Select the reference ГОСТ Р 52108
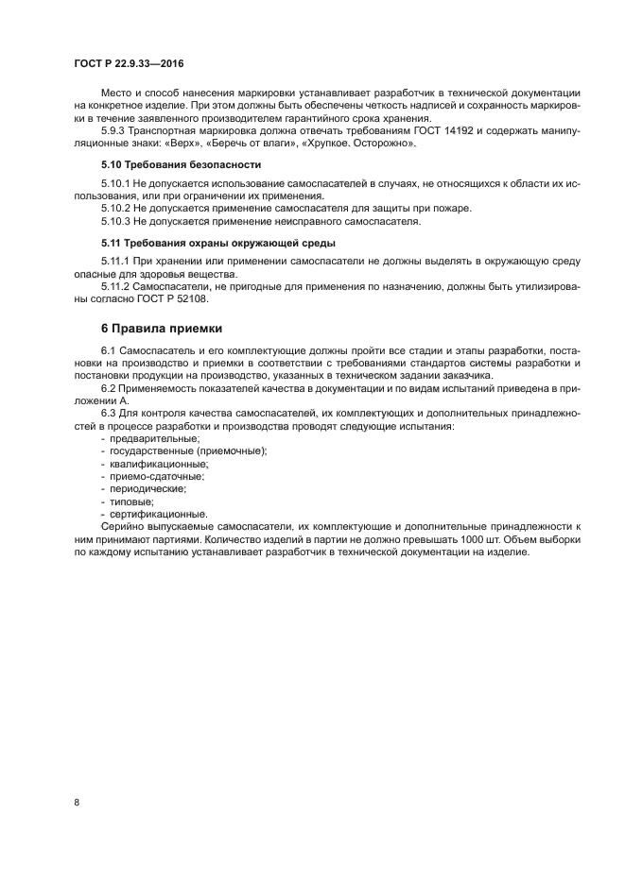174,299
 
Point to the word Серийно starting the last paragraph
121,526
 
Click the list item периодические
148,488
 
